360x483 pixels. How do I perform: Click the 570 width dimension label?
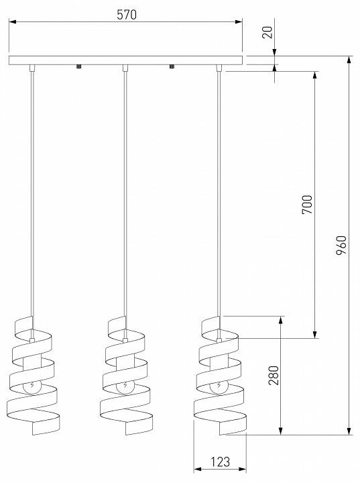pos(127,15)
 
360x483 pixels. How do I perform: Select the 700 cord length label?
pos(307,204)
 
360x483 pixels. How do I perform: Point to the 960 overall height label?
pos(341,246)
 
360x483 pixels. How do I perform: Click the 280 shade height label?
pos(274,375)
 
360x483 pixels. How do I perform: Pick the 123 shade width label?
pos(220,462)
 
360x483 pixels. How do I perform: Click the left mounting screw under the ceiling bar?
pos(79,66)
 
